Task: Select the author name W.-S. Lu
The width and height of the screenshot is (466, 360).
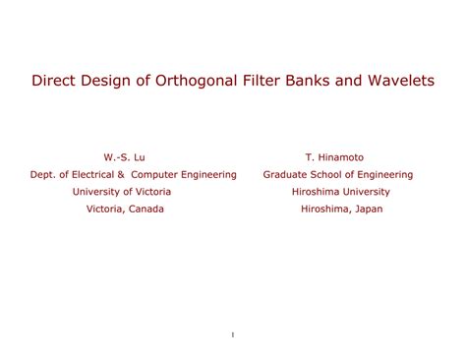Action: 125,157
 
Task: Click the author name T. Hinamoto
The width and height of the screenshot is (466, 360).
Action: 335,157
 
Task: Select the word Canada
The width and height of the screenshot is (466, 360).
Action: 145,210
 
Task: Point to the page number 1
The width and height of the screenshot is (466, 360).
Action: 233,336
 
